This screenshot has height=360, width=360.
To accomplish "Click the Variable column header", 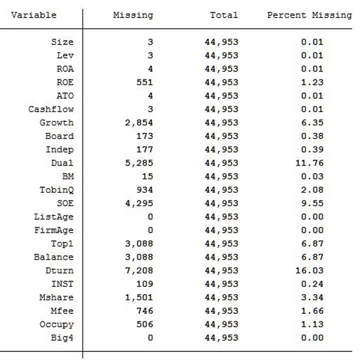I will [33, 15].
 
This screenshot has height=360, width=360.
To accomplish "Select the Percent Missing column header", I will [309, 15].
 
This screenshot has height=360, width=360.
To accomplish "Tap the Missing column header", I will [133, 15].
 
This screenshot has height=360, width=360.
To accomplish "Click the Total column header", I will [224, 15].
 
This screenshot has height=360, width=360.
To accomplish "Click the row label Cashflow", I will [51, 109].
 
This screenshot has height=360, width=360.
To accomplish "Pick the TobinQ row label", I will [57, 190].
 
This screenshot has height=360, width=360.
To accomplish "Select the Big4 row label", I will [62, 338].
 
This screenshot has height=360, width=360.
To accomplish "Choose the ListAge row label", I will [53, 217].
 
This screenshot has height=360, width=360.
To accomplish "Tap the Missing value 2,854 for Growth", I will [139, 122].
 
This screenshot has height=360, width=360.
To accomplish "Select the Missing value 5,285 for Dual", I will [139, 163].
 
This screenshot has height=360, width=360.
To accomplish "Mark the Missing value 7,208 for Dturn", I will [139, 271].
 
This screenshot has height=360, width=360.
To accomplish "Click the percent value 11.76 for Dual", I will [309, 163].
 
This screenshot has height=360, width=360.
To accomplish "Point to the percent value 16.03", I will [309, 271].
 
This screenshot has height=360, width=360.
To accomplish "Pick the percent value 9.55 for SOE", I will [312, 203].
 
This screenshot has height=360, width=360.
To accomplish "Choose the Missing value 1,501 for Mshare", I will [139, 297].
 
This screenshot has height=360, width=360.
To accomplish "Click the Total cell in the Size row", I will [221, 42].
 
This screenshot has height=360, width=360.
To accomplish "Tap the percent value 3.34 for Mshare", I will [312, 297].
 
